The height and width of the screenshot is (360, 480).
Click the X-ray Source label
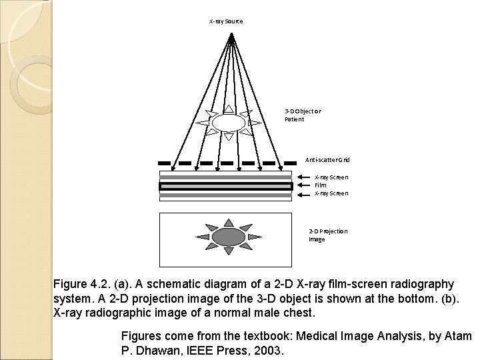pyautogui.click(x=226, y=21)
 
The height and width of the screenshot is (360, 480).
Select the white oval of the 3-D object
pyautogui.click(x=229, y=122)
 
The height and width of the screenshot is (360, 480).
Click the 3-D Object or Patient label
pyautogui.click(x=303, y=115)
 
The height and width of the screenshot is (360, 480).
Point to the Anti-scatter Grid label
pyautogui.click(x=327, y=160)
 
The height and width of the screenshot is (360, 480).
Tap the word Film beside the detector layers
pyautogui.click(x=320, y=185)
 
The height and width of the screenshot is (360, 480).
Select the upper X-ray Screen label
pyautogui.click(x=331, y=177)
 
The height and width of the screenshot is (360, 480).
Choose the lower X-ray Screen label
pyautogui.click(x=331, y=193)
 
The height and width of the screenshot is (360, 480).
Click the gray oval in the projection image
pyautogui.click(x=228, y=237)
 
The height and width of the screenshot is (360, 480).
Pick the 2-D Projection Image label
pyautogui.click(x=327, y=235)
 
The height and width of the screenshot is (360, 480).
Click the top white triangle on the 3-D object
pyautogui.click(x=229, y=107)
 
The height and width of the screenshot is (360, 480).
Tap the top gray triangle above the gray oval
pyautogui.click(x=228, y=222)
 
